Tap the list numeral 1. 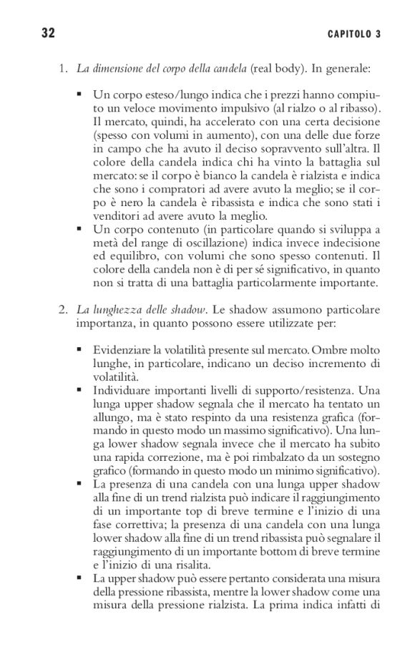pyautogui.click(x=62, y=69)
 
